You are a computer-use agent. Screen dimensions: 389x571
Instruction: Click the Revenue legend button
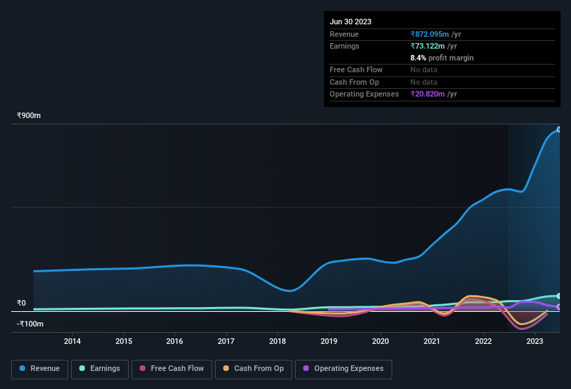pos(40,369)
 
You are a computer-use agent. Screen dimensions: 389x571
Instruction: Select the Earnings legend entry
pos(99,369)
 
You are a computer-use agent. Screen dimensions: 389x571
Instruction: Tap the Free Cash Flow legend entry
pos(172,369)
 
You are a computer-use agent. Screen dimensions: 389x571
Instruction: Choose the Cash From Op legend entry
pos(253,369)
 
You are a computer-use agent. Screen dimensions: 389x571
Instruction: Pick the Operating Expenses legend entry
pos(343,369)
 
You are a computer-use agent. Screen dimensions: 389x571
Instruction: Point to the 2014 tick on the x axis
pos(72,341)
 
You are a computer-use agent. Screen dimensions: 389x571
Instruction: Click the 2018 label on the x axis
pos(278,341)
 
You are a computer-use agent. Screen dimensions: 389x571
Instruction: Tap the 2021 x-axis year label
pos(432,341)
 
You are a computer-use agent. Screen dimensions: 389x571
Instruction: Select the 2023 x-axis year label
pos(535,341)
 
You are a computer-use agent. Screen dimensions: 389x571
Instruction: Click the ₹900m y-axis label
pos(29,116)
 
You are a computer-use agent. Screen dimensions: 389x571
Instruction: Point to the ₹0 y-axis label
pos(22,304)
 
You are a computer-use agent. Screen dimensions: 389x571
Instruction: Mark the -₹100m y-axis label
pos(31,324)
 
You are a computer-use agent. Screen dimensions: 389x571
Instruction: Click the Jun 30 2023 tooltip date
pos(351,22)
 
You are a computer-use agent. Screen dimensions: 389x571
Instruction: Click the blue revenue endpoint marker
pos(559,130)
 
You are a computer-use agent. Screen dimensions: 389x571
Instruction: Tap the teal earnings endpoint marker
pos(559,296)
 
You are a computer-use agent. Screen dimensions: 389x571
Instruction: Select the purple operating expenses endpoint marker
pos(559,306)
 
